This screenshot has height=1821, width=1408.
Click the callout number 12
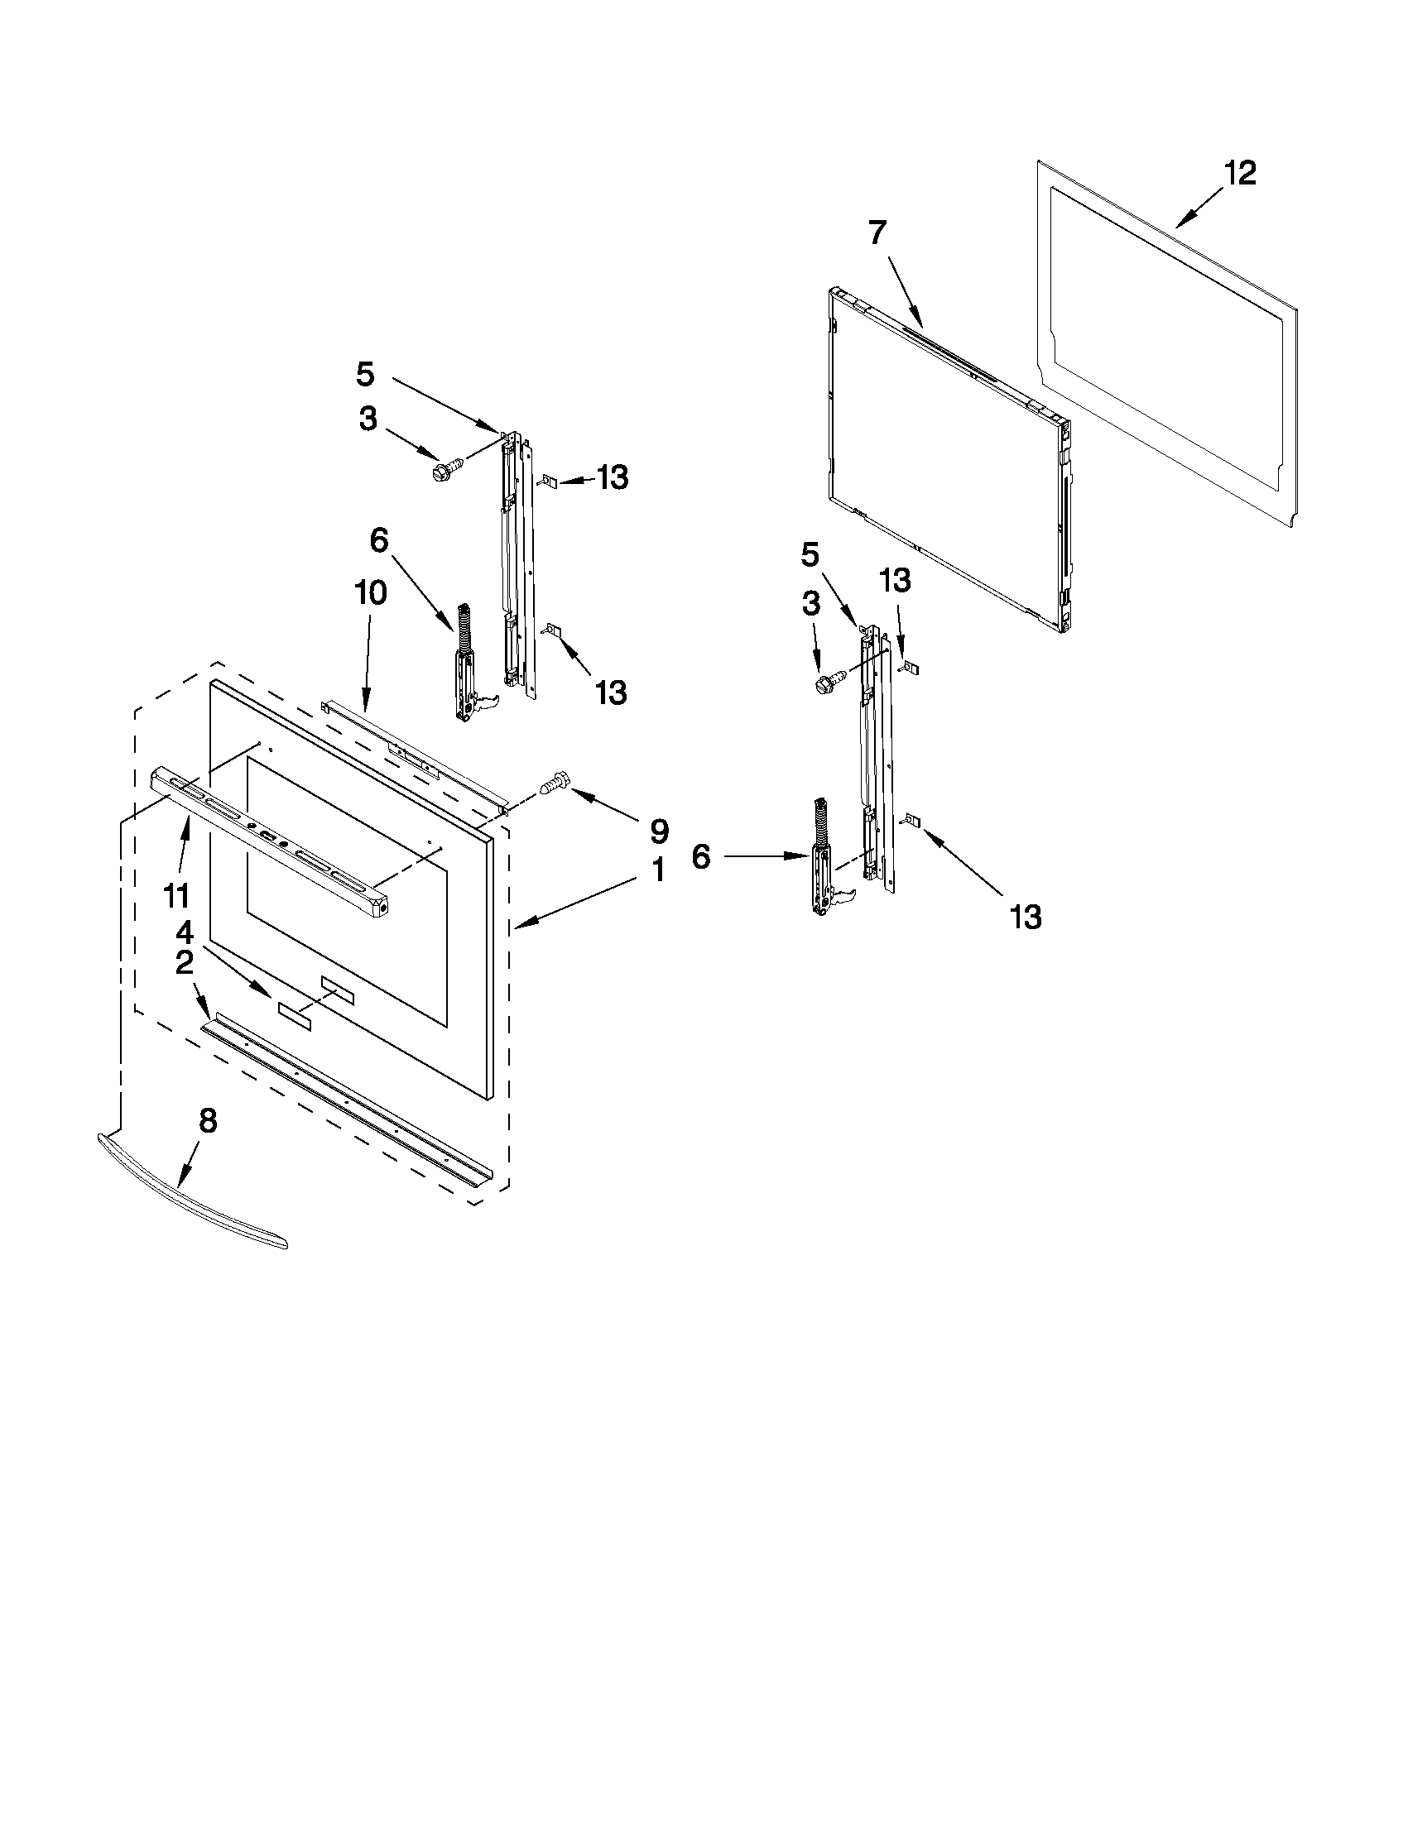[x=1240, y=174]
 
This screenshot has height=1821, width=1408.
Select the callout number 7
[x=877, y=232]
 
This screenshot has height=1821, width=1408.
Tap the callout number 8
[x=208, y=1121]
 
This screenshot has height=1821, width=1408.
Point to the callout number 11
[x=176, y=897]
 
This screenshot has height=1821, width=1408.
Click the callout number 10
[x=370, y=594]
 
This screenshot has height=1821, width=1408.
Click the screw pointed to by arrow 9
[x=554, y=783]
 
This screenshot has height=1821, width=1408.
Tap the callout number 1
[x=658, y=870]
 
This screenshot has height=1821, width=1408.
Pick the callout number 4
[x=185, y=933]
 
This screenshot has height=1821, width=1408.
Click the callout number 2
[x=185, y=963]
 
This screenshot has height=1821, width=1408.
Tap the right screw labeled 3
[x=829, y=679]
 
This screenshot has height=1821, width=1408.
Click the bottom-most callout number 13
[x=1026, y=918]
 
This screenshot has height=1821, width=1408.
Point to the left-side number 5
[x=365, y=374]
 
